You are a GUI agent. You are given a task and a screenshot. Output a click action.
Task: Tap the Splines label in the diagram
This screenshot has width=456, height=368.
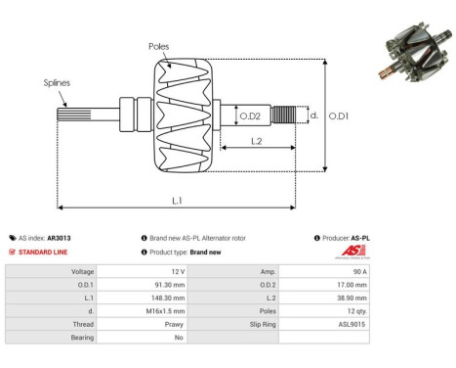(x=57, y=83)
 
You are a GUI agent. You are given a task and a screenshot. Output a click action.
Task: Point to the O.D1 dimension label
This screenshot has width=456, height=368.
(x=338, y=116)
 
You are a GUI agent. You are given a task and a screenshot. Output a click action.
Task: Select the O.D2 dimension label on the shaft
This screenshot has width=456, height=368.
(x=251, y=116)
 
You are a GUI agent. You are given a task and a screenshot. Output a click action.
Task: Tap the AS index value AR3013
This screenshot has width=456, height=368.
(x=60, y=238)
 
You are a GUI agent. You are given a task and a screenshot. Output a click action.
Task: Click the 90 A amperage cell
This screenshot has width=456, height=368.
(x=358, y=271)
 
